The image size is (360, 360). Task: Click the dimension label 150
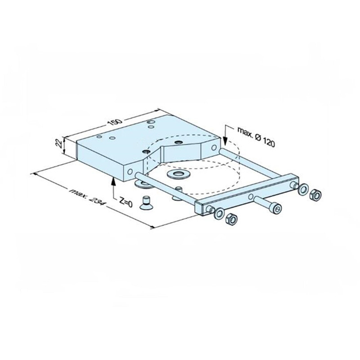115,122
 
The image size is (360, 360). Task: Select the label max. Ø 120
255,137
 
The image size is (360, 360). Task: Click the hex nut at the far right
316,194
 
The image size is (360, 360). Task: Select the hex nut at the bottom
229,220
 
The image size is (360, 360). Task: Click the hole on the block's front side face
130,170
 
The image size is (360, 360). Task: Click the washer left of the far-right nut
304,189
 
